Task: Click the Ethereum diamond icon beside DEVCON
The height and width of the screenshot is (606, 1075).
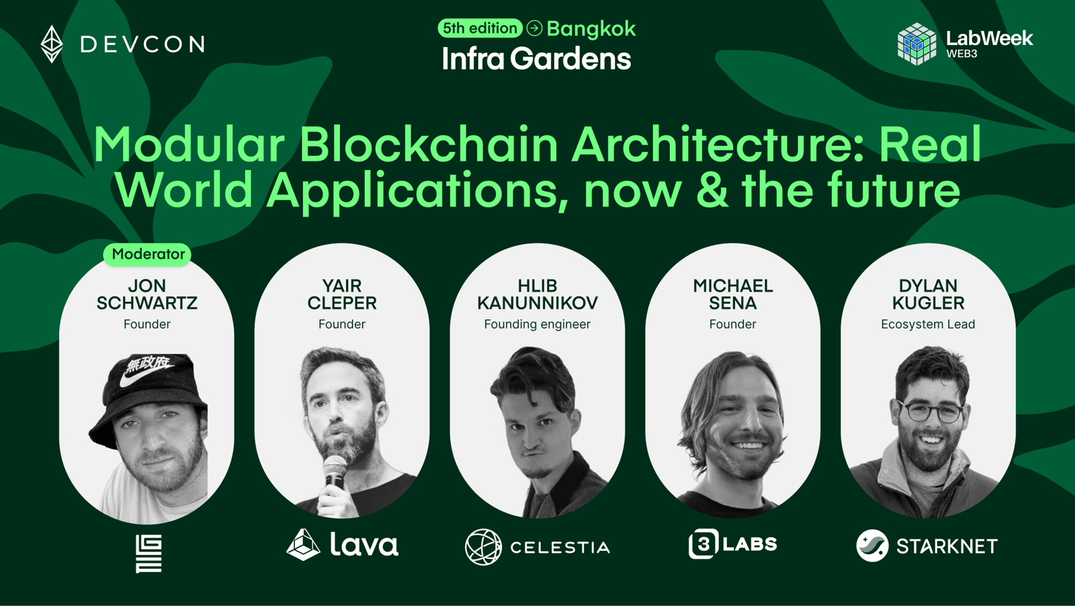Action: tap(52, 44)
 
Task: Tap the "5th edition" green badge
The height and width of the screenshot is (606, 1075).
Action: tap(480, 28)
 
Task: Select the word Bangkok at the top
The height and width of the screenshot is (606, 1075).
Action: tap(591, 29)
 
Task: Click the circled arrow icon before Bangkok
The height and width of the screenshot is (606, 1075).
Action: tap(534, 28)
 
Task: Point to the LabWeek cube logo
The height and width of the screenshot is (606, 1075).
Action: tap(916, 44)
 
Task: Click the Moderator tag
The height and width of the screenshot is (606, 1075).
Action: tap(148, 255)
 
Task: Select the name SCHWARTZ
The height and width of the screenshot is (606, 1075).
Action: tap(147, 303)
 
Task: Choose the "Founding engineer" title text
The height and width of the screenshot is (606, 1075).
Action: tap(537, 324)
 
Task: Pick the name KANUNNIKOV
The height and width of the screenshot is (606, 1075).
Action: tap(537, 303)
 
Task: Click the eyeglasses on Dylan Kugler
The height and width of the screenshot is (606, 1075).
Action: tap(930, 412)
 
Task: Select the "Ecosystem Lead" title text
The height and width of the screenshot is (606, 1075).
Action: tap(928, 324)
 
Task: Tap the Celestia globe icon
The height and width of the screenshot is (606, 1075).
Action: tap(483, 546)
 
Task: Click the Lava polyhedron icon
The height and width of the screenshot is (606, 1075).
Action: tap(303, 545)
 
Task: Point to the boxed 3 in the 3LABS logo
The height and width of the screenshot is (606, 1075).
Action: tap(703, 544)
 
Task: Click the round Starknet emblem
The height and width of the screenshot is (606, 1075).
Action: tap(872, 546)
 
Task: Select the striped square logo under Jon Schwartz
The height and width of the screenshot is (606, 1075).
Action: tap(148, 554)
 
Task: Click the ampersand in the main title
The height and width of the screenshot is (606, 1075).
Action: tap(712, 191)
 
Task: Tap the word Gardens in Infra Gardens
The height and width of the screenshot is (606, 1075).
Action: tap(570, 59)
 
